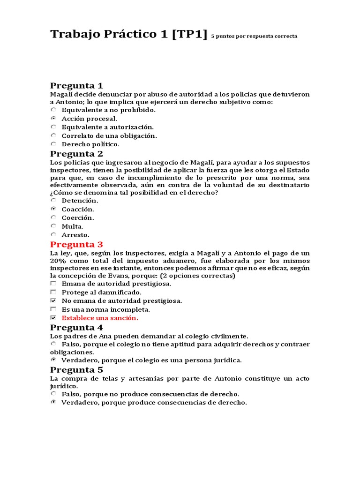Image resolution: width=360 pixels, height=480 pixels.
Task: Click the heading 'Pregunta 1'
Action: pyautogui.click(x=76, y=85)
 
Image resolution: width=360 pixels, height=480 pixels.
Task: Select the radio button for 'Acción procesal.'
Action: pyautogui.click(x=53, y=119)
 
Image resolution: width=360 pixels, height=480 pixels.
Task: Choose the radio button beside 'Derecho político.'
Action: pyautogui.click(x=53, y=144)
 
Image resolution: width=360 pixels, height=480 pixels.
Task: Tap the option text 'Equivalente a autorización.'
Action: pyautogui.click(x=107, y=127)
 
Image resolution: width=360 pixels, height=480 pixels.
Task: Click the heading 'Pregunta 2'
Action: pyautogui.click(x=76, y=154)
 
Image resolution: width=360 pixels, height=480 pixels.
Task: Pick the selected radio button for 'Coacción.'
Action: pyautogui.click(x=53, y=209)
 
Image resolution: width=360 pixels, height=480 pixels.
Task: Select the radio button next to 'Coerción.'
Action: pyautogui.click(x=53, y=217)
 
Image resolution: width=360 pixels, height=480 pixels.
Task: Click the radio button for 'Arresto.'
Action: pyautogui.click(x=53, y=234)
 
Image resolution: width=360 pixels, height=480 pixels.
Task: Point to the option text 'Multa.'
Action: pyautogui.click(x=72, y=226)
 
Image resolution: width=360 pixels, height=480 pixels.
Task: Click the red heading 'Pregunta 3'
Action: pyautogui.click(x=76, y=244)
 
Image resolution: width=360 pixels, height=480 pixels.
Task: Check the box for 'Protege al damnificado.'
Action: pyautogui.click(x=53, y=292)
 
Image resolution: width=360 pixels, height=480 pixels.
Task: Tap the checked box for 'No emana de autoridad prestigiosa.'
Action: pyautogui.click(x=53, y=300)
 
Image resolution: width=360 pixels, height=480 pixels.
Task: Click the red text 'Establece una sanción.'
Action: pyautogui.click(x=100, y=318)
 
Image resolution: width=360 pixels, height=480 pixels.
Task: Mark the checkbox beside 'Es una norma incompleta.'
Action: pyautogui.click(x=53, y=309)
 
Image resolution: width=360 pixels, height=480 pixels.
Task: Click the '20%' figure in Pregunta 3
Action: pyautogui.click(x=58, y=261)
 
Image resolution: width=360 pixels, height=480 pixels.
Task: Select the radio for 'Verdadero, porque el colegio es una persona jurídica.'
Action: pyautogui.click(x=53, y=360)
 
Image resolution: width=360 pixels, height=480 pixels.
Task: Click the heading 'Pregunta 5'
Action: pyautogui.click(x=76, y=370)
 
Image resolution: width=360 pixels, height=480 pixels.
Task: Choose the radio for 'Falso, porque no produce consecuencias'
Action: pyautogui.click(x=53, y=394)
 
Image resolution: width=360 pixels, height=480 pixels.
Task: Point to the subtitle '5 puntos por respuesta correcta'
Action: pyautogui.click(x=254, y=36)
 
